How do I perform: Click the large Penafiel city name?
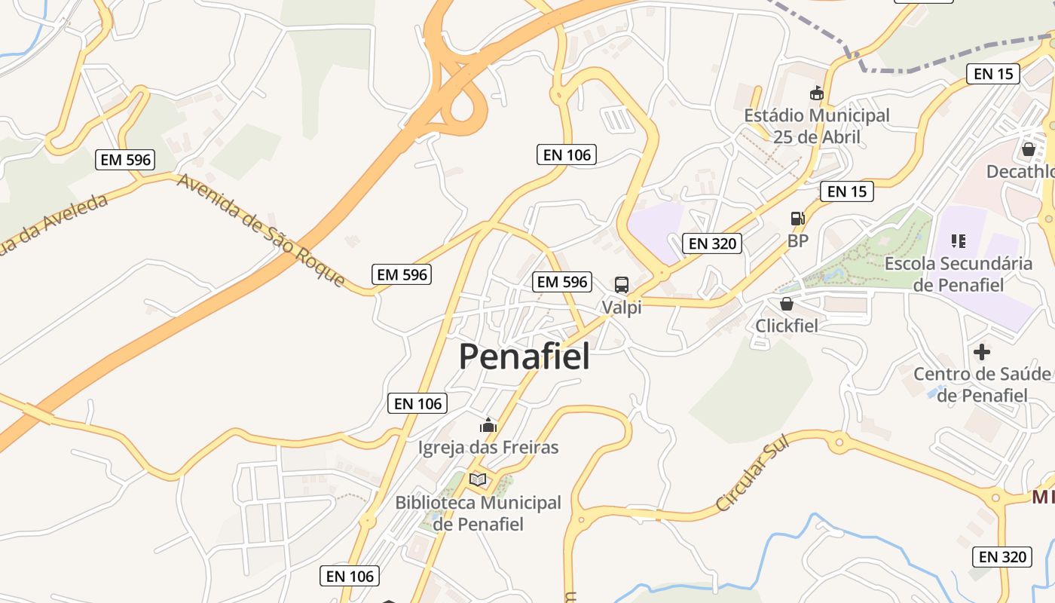(524, 356)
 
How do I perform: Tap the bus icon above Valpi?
(622, 285)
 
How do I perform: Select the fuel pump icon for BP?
(797, 219)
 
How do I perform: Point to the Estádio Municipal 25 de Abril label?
(817, 127)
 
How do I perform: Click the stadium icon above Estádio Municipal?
(816, 93)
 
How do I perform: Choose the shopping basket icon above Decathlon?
(1029, 149)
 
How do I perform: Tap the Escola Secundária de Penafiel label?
(958, 274)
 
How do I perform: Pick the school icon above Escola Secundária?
(959, 241)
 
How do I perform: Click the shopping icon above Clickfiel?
(787, 304)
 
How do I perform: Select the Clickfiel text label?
(787, 326)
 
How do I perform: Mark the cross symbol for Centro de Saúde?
(982, 352)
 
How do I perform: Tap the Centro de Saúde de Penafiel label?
(981, 384)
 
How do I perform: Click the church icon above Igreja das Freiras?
(488, 426)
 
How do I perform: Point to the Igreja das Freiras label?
(488, 448)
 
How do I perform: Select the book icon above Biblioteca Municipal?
(478, 479)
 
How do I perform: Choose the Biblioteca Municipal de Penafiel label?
(478, 513)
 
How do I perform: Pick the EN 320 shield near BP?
(713, 243)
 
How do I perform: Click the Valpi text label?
(622, 308)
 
